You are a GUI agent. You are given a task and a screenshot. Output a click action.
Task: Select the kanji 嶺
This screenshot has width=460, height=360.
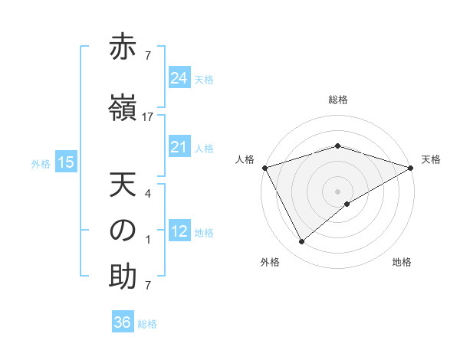[123, 107]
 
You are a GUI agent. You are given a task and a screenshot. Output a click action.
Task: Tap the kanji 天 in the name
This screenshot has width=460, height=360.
[123, 186]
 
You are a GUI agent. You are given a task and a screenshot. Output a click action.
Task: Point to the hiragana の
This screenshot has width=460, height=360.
[123, 232]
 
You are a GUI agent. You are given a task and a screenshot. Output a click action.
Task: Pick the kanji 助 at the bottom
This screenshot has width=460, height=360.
[123, 277]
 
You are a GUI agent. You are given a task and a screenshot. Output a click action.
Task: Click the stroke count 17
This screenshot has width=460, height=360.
[148, 117]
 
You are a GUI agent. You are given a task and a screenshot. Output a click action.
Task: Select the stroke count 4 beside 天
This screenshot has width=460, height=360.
[148, 195]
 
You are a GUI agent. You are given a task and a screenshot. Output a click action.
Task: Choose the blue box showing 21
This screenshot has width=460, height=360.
[179, 147]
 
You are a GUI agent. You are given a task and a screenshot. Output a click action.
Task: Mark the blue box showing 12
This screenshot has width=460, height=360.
[179, 231]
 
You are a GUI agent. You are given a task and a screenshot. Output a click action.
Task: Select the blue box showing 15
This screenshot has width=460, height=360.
[66, 162]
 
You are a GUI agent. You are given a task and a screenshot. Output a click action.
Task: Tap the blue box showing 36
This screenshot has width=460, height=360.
[123, 322]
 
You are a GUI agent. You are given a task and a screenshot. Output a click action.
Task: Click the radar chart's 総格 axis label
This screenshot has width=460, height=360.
[338, 100]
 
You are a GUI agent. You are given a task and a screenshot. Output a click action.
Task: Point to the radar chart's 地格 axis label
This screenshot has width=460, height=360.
[402, 263]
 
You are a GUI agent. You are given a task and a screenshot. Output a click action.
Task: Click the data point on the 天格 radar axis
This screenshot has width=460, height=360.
[411, 168]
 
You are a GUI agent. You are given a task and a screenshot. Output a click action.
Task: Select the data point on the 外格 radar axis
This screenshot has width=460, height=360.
[302, 242]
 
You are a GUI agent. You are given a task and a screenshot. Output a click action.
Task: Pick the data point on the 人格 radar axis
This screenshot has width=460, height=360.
[264, 168]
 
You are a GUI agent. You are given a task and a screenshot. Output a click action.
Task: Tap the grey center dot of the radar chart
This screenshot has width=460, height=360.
[337, 191]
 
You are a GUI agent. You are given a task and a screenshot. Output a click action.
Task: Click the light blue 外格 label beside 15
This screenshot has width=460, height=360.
[41, 163]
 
